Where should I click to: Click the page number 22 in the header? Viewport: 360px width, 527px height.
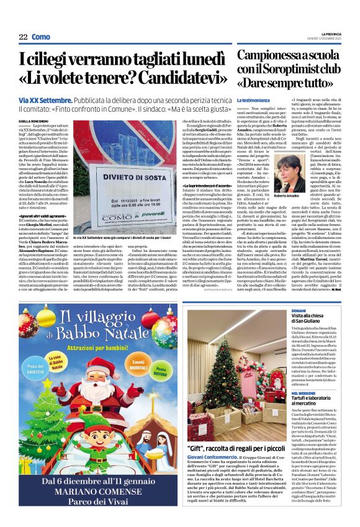pyautogui.click(x=22, y=37)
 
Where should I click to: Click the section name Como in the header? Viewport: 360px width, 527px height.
pyautogui.click(x=41, y=37)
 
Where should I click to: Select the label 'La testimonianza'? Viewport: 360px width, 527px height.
pyautogui.click(x=253, y=100)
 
